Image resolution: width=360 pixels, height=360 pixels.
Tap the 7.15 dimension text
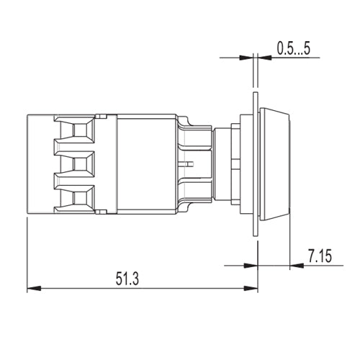click(x=320, y=254)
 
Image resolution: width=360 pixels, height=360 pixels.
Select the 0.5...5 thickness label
click(x=293, y=48)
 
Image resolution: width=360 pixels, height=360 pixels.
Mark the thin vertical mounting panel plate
click(x=256, y=163)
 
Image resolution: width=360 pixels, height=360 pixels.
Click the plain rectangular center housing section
click(x=146, y=163)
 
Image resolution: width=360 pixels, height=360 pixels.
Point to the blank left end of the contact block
click(x=40, y=163)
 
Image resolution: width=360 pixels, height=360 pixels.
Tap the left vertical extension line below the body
click(x=27, y=252)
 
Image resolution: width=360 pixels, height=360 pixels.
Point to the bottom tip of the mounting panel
click(x=256, y=234)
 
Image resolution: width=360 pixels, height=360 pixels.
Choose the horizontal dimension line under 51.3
click(x=144, y=289)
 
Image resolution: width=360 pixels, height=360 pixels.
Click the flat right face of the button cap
click(x=290, y=163)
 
